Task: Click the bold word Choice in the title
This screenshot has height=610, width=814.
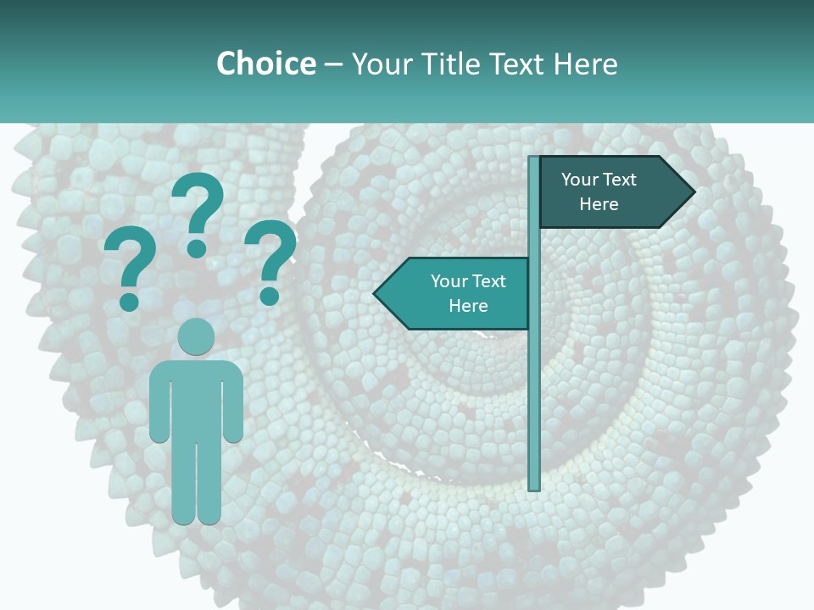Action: click(x=265, y=64)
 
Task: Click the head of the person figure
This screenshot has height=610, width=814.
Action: click(x=196, y=336)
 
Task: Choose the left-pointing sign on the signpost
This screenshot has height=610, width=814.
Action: click(x=458, y=294)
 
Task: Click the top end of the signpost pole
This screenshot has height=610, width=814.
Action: click(x=534, y=159)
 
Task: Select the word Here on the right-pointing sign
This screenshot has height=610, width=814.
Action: click(x=599, y=204)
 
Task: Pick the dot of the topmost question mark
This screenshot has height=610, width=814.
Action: click(x=197, y=248)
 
